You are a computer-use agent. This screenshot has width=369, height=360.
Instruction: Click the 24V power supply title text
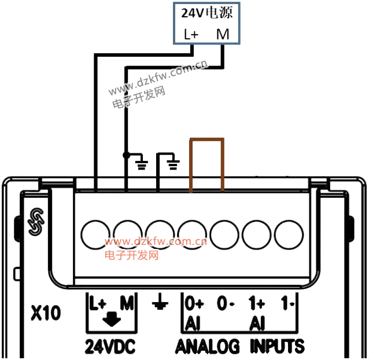[x=206, y=13]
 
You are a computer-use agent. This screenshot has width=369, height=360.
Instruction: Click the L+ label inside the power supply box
[x=191, y=35]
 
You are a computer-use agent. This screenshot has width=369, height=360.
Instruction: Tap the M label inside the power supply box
[x=223, y=35]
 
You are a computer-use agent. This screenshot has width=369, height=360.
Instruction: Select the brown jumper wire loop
[x=206, y=140]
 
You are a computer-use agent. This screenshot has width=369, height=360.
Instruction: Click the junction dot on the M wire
[x=126, y=155]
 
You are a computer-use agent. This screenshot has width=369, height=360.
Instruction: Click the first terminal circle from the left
[x=95, y=234]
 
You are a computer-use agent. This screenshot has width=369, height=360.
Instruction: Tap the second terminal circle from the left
[x=128, y=234]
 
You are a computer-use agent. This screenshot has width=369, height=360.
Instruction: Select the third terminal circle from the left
[x=160, y=234]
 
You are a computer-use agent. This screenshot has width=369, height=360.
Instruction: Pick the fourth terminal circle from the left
[x=192, y=234]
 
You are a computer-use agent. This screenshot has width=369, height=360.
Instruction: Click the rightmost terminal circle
[x=289, y=234]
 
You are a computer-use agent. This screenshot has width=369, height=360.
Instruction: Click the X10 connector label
[x=46, y=314]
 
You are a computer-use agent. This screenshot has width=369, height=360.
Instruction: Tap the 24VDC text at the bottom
[x=110, y=347]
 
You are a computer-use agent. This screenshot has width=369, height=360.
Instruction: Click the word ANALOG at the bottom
[x=208, y=347]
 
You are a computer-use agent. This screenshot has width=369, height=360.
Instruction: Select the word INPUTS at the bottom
[x=277, y=347]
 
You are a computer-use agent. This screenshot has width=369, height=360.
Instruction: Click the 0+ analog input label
[x=194, y=303]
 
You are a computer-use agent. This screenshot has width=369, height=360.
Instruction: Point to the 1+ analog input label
[x=257, y=303]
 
